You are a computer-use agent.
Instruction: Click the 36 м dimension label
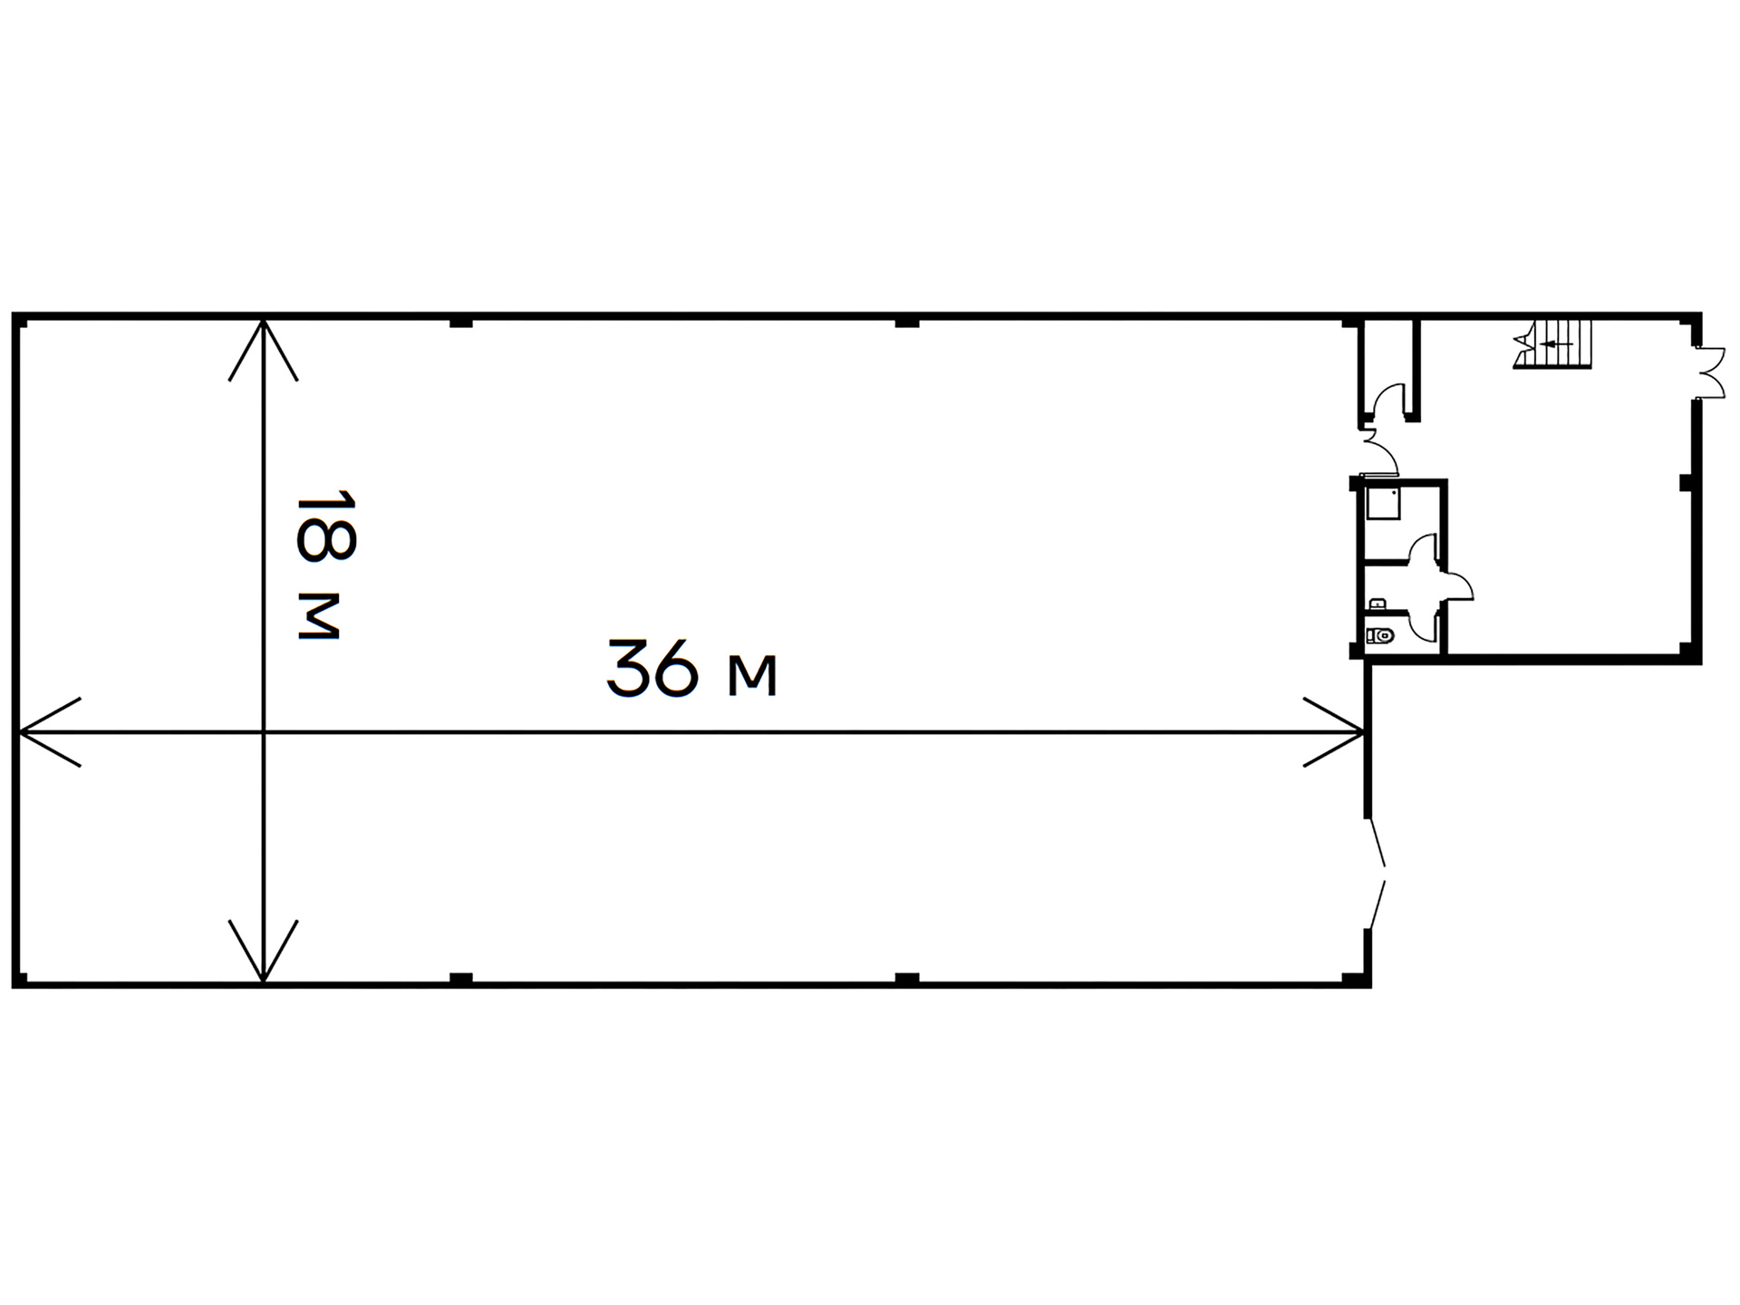[x=691, y=669]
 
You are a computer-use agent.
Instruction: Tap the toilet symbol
[x=1380, y=636]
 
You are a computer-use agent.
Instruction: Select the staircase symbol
[x=1552, y=343]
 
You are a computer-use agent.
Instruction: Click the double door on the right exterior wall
[x=1711, y=372]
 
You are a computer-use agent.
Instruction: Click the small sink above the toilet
[x=1377, y=604]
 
